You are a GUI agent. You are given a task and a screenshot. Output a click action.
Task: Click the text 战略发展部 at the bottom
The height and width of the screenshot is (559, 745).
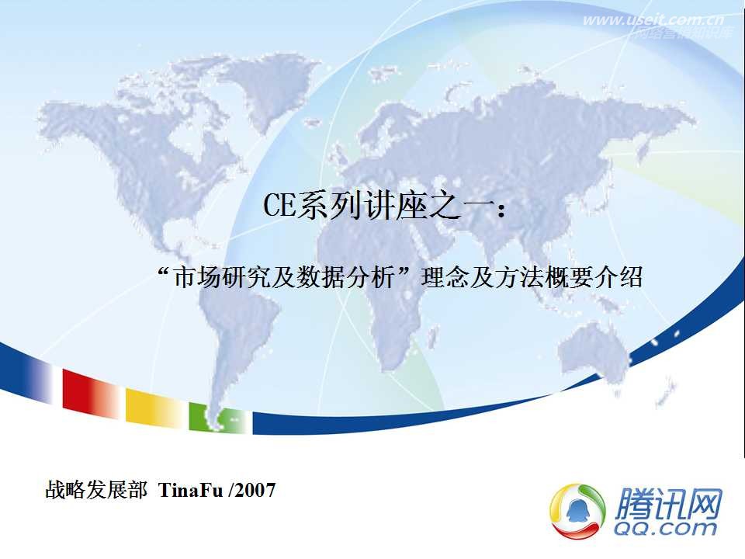pos(95,491)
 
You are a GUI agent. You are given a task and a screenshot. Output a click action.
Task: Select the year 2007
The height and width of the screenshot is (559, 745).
pos(255,491)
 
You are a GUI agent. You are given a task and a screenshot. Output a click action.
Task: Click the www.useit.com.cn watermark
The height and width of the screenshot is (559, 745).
pos(653,20)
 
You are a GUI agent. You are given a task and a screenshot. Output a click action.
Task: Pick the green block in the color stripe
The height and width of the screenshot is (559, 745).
pos(204,418)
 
